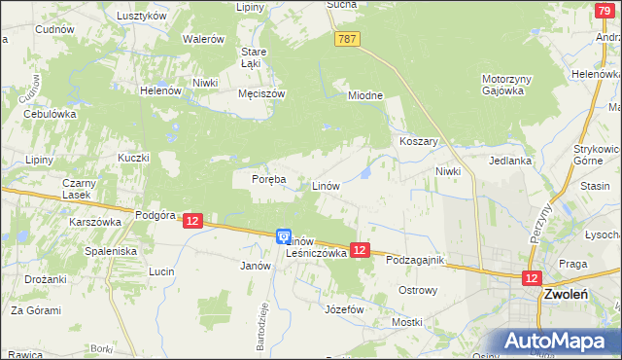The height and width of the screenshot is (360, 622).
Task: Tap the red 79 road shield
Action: click(x=605, y=10)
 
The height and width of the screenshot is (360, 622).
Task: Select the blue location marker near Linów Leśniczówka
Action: click(x=283, y=235)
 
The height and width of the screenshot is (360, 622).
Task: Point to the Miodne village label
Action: click(x=366, y=95)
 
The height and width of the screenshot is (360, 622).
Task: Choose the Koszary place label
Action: click(x=419, y=141)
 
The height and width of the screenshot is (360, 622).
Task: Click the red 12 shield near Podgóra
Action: click(x=191, y=222)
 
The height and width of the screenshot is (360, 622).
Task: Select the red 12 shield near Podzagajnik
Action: click(x=360, y=250)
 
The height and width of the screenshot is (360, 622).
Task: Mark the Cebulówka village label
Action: click(x=50, y=114)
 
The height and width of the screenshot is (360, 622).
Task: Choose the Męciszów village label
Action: click(x=261, y=94)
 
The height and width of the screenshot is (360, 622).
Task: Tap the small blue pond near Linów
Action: click(x=364, y=173)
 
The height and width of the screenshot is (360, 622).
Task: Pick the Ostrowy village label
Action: click(x=420, y=290)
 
